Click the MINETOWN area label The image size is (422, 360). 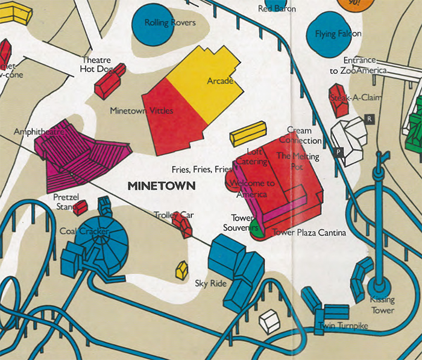[x=162, y=186]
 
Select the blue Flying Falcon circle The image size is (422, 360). [x=333, y=33]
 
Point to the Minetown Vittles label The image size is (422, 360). [x=142, y=111]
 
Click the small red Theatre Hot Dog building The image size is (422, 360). [x=110, y=81]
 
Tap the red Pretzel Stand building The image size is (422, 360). [x=80, y=207]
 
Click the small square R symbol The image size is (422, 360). [x=370, y=119]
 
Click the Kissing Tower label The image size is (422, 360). [x=382, y=306]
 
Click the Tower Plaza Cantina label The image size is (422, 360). [x=309, y=232]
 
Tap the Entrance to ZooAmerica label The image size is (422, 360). [x=359, y=65]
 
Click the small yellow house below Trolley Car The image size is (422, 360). [x=181, y=270]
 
